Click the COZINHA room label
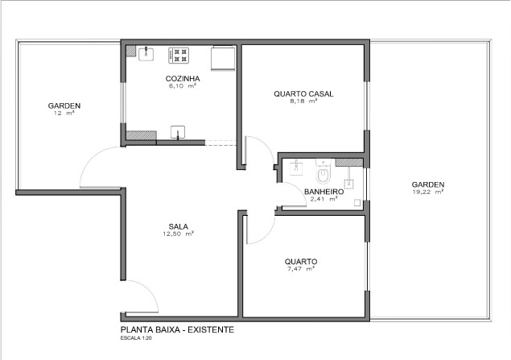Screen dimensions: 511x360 tap(183, 79)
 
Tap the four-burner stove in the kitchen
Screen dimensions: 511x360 tap(179, 56)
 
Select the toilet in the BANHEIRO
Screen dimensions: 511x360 tap(323, 172)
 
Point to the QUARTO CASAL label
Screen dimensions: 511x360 tap(303, 94)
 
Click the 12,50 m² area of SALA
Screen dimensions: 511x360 tap(179, 234)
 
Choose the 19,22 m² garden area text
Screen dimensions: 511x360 tap(428, 192)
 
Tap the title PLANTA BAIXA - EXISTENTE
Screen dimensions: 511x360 tap(177, 329)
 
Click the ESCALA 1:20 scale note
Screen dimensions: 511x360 tap(136, 338)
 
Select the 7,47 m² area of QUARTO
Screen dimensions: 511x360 tap(299, 269)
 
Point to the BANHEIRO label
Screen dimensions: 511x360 tap(323, 192)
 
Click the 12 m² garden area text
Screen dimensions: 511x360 tap(64, 113)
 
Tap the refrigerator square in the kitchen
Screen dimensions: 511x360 tap(223, 59)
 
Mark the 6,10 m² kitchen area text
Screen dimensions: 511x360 tap(182, 86)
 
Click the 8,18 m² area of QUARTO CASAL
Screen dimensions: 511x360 tap(303, 101)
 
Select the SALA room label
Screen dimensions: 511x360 tap(179, 226)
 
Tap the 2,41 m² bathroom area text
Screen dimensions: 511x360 tap(323, 199)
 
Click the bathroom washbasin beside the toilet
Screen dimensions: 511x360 tap(296, 168)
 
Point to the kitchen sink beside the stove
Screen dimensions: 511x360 tap(146, 54)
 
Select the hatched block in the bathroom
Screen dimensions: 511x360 tap(348, 162)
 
